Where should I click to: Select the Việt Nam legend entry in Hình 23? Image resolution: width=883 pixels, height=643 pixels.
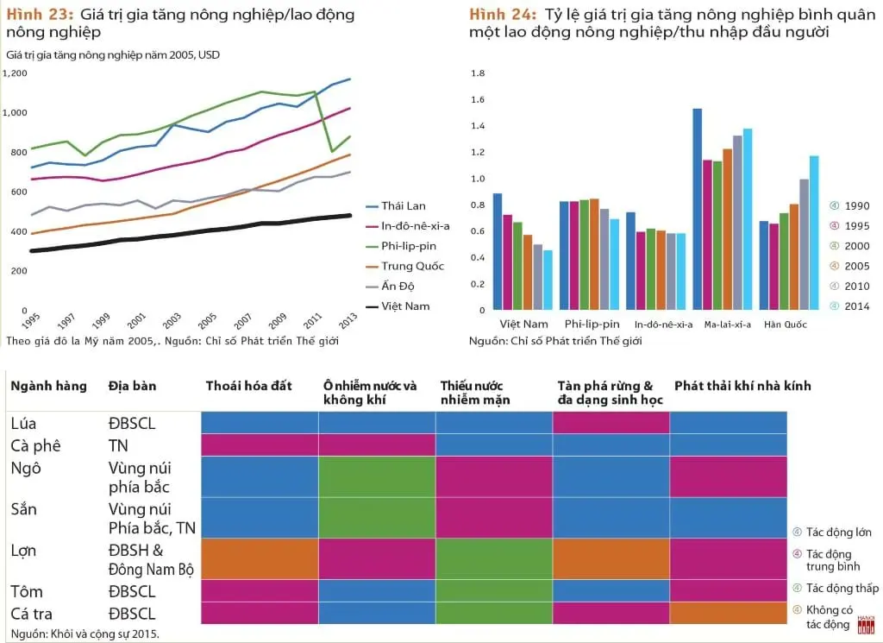[398, 306]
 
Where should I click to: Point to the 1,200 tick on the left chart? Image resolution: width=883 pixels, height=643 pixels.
[15, 73]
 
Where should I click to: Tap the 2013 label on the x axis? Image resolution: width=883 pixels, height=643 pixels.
[348, 319]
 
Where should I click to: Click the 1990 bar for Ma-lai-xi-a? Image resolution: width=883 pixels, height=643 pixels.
[697, 209]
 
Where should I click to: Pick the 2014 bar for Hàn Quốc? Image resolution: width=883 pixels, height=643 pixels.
[814, 233]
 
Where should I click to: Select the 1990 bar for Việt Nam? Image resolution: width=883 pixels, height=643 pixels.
[498, 251]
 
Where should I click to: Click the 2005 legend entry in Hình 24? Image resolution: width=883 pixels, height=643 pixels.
[850, 266]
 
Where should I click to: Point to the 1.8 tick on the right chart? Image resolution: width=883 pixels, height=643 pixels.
[478, 73]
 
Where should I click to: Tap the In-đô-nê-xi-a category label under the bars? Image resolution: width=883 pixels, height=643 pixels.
[663, 325]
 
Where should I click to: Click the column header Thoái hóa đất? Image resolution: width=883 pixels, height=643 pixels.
[249, 386]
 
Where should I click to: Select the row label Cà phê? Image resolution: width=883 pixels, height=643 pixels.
[35, 445]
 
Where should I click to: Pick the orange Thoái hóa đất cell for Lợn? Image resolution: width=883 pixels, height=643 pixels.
[260, 559]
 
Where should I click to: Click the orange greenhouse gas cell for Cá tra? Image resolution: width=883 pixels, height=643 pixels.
[728, 613]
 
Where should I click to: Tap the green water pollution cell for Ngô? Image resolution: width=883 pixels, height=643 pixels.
[377, 476]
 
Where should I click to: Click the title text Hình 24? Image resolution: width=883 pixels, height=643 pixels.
[503, 14]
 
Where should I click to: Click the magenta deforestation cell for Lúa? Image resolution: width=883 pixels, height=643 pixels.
[611, 423]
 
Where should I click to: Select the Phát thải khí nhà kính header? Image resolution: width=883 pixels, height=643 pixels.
[742, 386]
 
